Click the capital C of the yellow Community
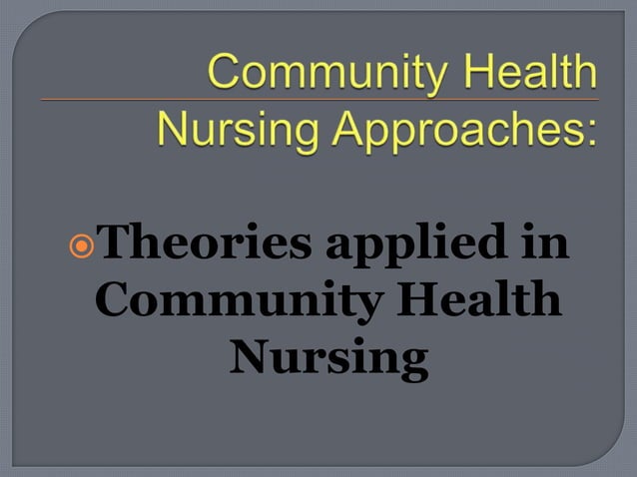point(226,74)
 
